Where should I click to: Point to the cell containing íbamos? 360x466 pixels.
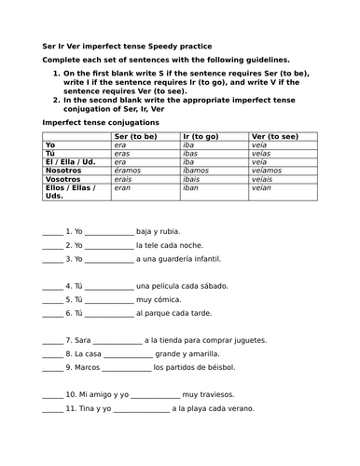(196, 170)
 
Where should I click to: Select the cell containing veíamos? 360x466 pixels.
(269, 170)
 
